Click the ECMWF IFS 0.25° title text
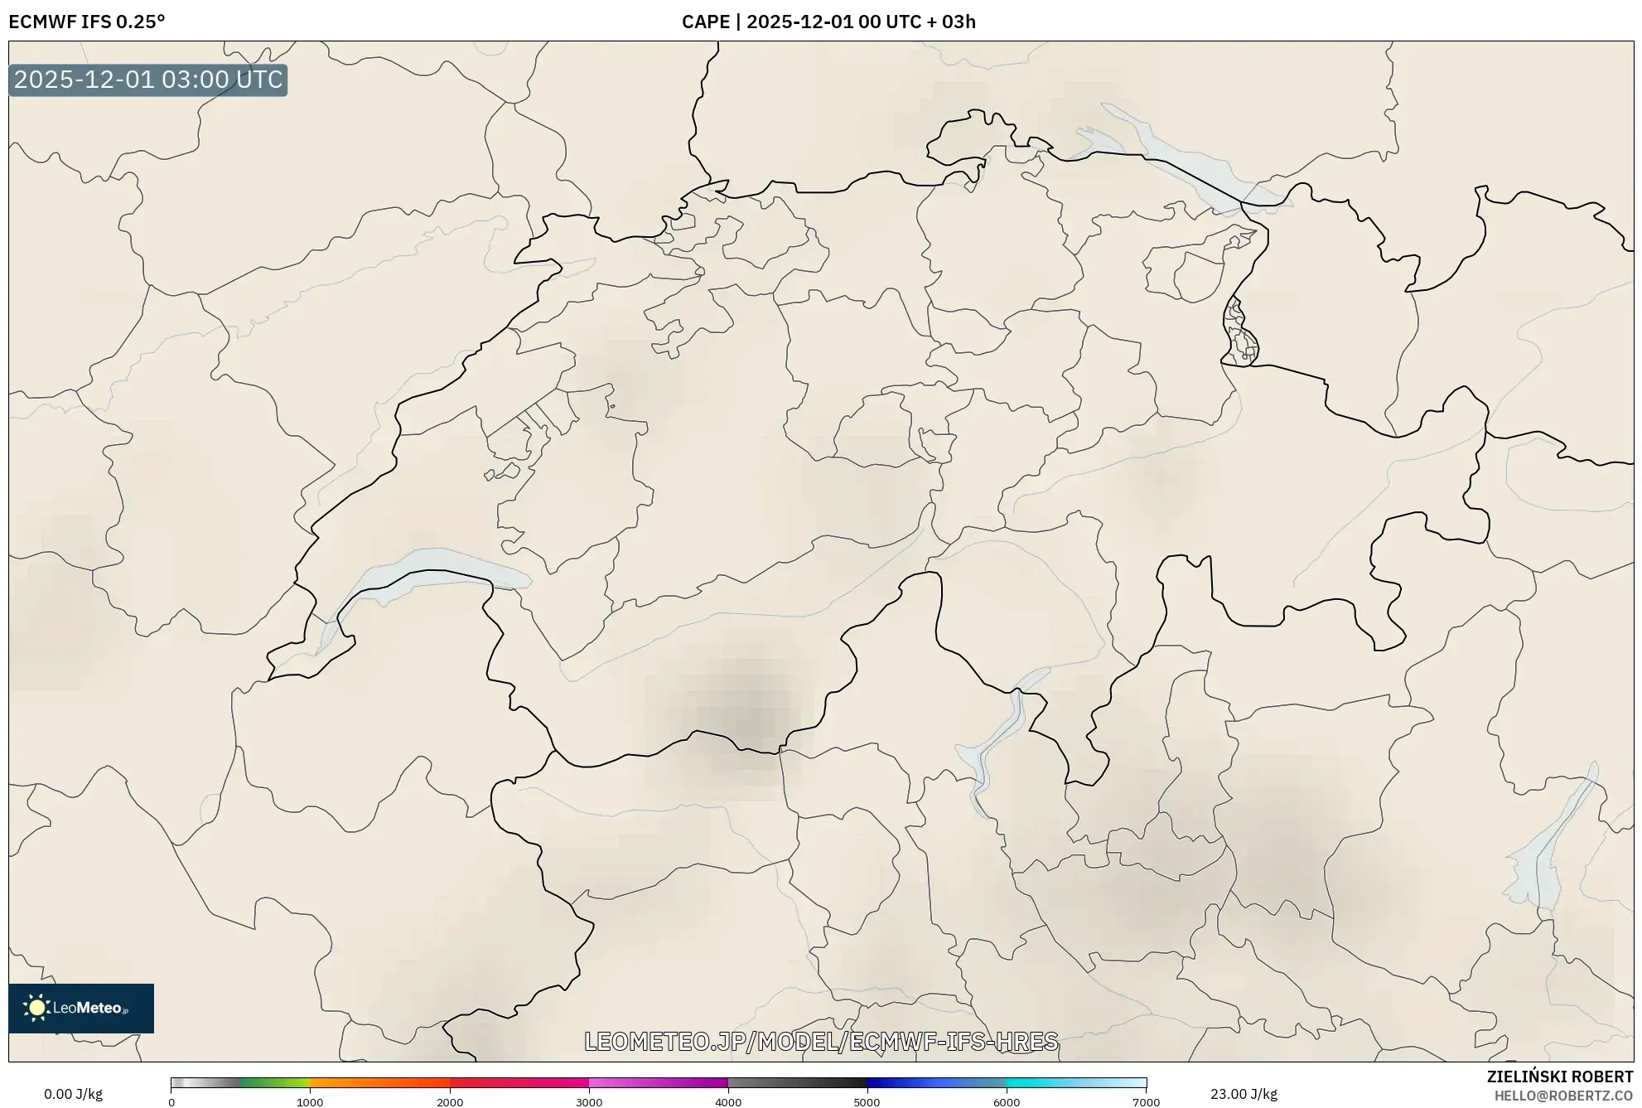pyautogui.click(x=87, y=22)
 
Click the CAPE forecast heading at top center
pyautogui.click(x=828, y=22)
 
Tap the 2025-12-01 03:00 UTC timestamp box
pyautogui.click(x=148, y=80)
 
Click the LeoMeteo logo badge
pyautogui.click(x=81, y=1008)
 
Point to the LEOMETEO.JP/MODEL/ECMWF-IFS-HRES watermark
pyautogui.click(x=821, y=1041)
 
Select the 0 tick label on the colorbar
pyautogui.click(x=171, y=1102)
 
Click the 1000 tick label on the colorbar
pyautogui.click(x=310, y=1102)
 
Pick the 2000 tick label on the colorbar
pyautogui.click(x=450, y=1102)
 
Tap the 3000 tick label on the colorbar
pyautogui.click(x=589, y=1102)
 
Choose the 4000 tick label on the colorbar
pyautogui.click(x=728, y=1102)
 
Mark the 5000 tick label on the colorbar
pyautogui.click(x=867, y=1102)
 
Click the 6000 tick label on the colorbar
pyautogui.click(x=1007, y=1102)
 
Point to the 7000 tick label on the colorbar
pyautogui.click(x=1146, y=1102)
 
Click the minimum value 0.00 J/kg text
pyautogui.click(x=73, y=1094)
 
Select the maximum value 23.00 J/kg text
pyautogui.click(x=1244, y=1094)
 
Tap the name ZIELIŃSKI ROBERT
pyautogui.click(x=1560, y=1077)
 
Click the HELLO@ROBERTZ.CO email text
pyautogui.click(x=1563, y=1096)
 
